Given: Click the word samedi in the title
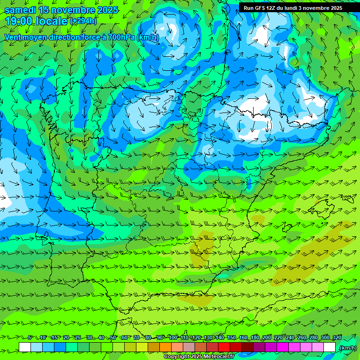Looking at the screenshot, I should coord(20,10).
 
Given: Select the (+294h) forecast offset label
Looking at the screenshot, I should coord(83,21).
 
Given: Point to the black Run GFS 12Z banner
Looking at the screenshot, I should coord(293,7).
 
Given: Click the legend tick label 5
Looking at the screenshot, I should coord(30,338).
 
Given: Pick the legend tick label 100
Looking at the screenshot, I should coord(173,338).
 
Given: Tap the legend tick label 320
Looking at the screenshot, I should coord(337,338).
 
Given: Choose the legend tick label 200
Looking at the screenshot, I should coord(267,338).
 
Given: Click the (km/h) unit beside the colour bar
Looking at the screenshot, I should coord(348,348).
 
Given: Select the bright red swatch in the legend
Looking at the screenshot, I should coord(224,347).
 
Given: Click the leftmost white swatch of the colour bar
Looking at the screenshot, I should coord(25,347).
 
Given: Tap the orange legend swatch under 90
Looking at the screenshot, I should coord(165,347).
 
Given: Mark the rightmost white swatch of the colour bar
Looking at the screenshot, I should coord(330,347).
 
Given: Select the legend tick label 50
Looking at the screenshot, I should coord(113,338).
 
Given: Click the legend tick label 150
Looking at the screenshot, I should coord(232,338).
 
